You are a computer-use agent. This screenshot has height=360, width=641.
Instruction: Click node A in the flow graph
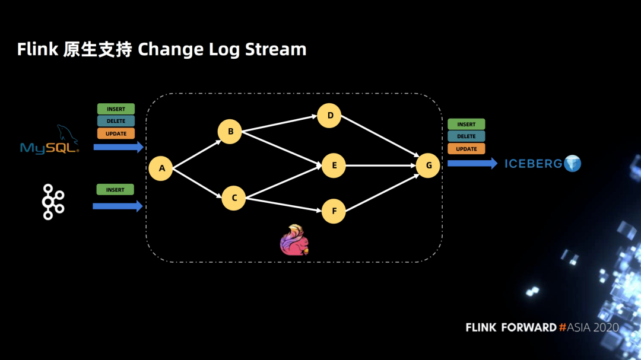click(161, 168)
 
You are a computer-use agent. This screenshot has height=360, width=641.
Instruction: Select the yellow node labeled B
click(230, 132)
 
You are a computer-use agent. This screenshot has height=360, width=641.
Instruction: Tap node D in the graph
click(329, 116)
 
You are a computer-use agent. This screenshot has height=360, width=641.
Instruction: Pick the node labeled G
click(427, 165)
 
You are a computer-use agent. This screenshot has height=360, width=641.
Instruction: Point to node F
click(334, 211)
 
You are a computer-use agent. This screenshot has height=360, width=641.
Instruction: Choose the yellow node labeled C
click(233, 198)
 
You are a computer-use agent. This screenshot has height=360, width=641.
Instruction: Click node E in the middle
click(334, 165)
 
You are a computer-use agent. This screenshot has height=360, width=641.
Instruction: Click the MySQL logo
click(49, 140)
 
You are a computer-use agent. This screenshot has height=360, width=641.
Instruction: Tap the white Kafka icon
click(53, 202)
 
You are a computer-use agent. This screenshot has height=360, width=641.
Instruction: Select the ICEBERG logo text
click(534, 164)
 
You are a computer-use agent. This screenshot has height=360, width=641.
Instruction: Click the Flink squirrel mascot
click(294, 240)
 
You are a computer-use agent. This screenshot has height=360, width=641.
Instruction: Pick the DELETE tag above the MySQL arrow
click(116, 121)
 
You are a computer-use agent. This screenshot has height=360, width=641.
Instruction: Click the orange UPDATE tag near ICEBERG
click(467, 149)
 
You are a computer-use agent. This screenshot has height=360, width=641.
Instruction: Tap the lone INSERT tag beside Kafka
click(115, 190)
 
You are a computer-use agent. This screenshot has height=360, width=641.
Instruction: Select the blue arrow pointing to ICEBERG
click(472, 164)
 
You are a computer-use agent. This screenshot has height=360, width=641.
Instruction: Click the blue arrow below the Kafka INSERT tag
click(118, 206)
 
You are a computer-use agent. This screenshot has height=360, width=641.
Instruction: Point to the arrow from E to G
click(380, 165)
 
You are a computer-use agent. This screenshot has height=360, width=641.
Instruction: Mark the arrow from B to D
click(280, 123)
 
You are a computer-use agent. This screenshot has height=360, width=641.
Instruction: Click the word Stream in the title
click(275, 49)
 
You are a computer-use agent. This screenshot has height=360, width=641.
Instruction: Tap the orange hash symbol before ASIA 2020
click(563, 327)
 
